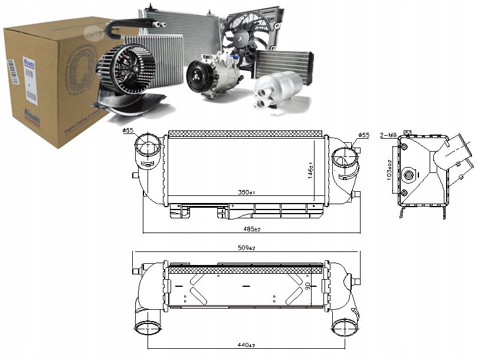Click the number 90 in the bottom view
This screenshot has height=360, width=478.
(x=307, y=286)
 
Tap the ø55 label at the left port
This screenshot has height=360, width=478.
(x=128, y=132)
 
